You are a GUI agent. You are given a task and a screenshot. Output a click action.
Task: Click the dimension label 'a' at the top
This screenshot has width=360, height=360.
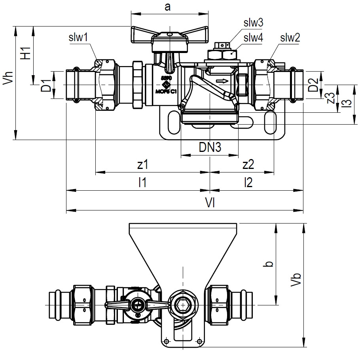168,8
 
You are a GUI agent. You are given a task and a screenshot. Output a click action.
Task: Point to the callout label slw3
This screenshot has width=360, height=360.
253,23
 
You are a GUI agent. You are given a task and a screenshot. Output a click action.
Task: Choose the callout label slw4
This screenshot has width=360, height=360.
253,38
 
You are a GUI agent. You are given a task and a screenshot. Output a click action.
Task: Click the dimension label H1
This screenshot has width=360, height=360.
26,53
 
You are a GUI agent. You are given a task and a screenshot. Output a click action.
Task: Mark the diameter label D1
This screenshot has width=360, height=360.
46,85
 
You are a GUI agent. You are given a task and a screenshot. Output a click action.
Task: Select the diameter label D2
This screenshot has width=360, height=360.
313,85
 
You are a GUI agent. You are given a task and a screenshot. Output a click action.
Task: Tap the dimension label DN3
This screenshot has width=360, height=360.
210,148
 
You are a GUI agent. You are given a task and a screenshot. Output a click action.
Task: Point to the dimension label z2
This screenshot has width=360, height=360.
248,164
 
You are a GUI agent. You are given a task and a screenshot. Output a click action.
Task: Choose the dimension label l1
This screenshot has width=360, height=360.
143,182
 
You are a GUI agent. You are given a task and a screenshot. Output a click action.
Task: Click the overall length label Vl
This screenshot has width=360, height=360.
210,202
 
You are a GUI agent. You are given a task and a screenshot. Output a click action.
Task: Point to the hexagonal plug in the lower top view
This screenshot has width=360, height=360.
182,305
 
